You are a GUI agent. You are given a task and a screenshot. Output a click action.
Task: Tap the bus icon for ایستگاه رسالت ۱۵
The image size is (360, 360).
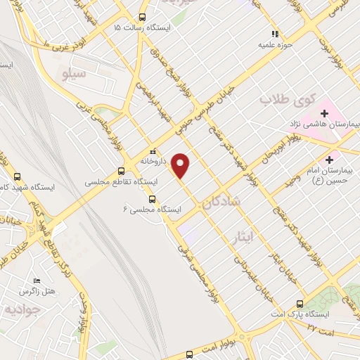pyautogui.click(x=142, y=18)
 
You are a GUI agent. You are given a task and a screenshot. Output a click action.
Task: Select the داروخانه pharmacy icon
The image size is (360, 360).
pyautogui.click(x=151, y=151)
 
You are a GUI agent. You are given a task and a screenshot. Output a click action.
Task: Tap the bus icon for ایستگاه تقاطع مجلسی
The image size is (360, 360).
pyautogui.click(x=121, y=171)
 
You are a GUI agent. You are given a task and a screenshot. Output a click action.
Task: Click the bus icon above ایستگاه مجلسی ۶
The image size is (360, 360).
pyautogui.click(x=153, y=199)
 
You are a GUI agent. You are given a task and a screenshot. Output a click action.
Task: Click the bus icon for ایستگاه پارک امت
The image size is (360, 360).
pyautogui.click(x=300, y=304)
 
